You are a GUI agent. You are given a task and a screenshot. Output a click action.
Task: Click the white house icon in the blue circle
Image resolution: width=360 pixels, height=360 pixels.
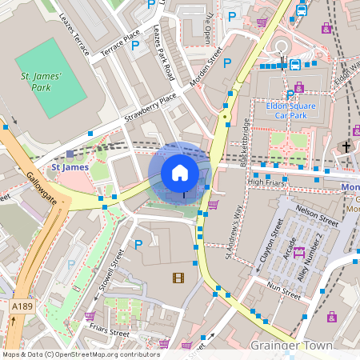180,173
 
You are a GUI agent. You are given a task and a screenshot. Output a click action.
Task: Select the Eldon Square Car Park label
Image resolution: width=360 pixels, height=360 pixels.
291,110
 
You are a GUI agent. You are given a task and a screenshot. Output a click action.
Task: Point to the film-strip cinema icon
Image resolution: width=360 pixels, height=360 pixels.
177,278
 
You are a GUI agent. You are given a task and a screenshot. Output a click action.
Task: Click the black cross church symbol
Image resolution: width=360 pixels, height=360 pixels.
346,147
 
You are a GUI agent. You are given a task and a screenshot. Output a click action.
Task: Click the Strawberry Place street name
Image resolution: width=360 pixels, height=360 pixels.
150,109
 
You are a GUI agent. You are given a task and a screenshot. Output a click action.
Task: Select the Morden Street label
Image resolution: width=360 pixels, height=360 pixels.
206,72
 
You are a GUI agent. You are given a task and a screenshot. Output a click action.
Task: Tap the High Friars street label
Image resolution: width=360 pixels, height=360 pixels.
266,182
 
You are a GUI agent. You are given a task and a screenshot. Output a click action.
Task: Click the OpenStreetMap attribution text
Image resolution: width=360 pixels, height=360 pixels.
80,354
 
